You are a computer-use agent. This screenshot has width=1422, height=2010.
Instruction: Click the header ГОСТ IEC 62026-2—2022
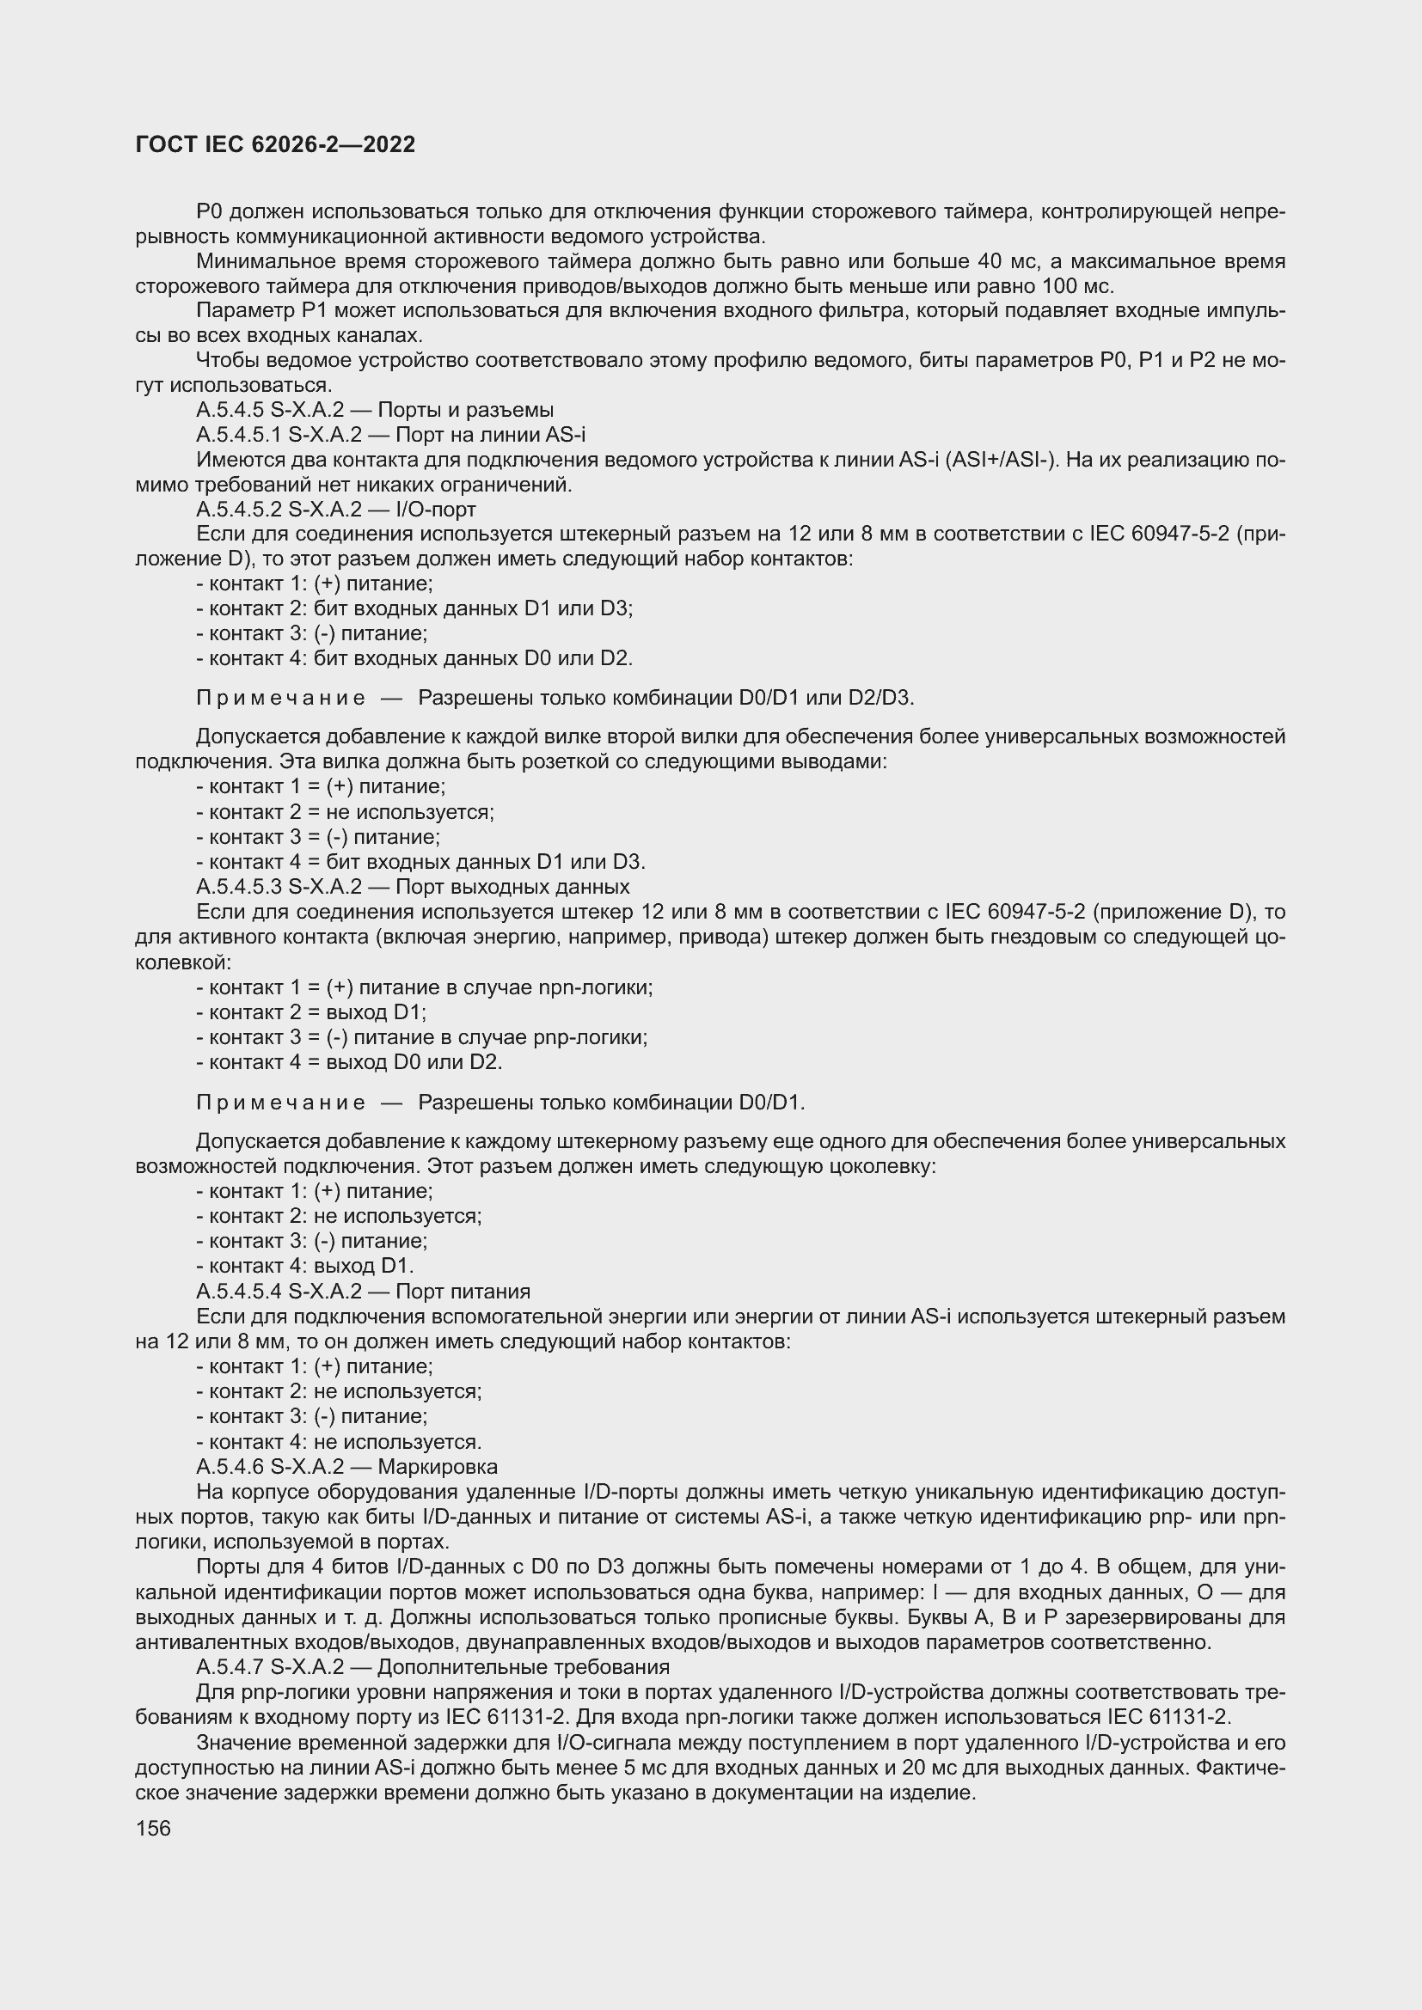click(275, 144)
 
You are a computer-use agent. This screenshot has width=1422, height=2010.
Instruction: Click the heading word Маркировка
click(437, 1466)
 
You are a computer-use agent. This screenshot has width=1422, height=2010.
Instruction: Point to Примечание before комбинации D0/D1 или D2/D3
click(280, 698)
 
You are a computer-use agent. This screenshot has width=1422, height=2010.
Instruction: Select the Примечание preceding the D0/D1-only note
click(280, 1103)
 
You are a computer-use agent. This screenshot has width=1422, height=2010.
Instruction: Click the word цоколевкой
click(182, 963)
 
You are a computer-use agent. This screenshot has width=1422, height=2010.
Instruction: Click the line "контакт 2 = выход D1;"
click(311, 1013)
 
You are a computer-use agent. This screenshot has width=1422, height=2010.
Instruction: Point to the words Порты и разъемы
click(466, 410)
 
